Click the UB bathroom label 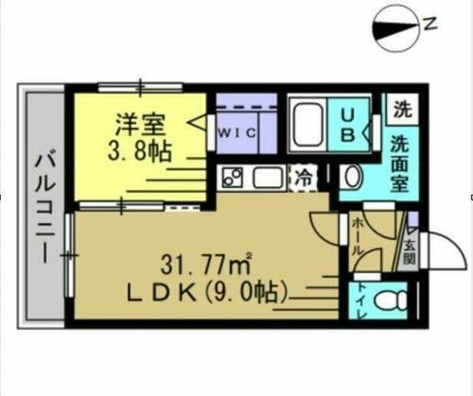tap(346, 125)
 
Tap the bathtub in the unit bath tap(308, 125)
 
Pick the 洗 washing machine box tap(403, 107)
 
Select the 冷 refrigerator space tap(303, 177)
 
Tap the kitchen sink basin tap(265, 177)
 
